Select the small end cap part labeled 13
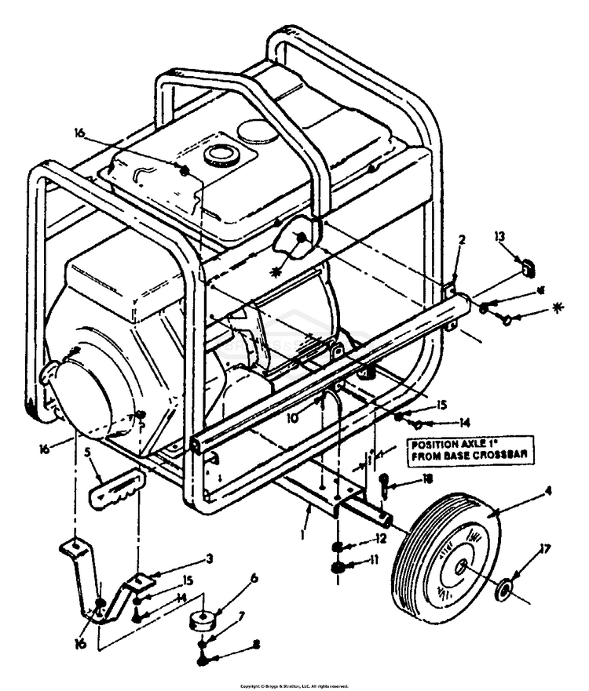coord(528,267)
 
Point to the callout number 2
coord(462,240)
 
